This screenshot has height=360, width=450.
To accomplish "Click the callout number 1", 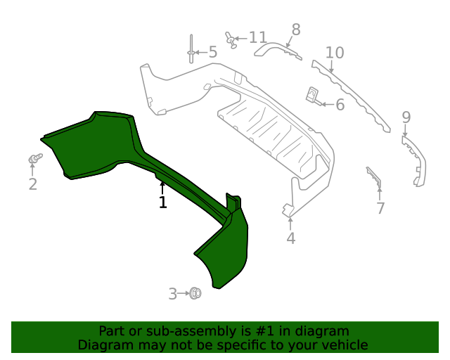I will tap(162, 202).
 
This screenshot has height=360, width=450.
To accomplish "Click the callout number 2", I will tap(32, 184).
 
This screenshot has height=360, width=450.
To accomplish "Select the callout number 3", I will tap(173, 294).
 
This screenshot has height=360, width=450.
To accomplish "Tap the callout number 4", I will tap(290, 239).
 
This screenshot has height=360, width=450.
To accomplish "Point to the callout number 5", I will tap(212, 52).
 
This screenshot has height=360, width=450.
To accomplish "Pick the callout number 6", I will tap(340, 105).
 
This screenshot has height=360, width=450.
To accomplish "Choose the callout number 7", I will tap(380, 208).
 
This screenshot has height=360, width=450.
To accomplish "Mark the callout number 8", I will tap(295, 30).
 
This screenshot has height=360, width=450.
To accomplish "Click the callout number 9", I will tap(406, 117).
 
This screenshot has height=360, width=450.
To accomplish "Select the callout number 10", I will tap(335, 53).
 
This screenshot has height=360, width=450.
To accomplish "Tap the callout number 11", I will tap(258, 37).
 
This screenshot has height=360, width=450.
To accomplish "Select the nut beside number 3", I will tap(195, 293).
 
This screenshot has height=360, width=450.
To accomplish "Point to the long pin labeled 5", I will tap(191, 49).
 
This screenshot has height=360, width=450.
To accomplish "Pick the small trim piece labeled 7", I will tap(373, 177).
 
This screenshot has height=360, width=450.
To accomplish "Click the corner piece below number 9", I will tap(415, 159).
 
